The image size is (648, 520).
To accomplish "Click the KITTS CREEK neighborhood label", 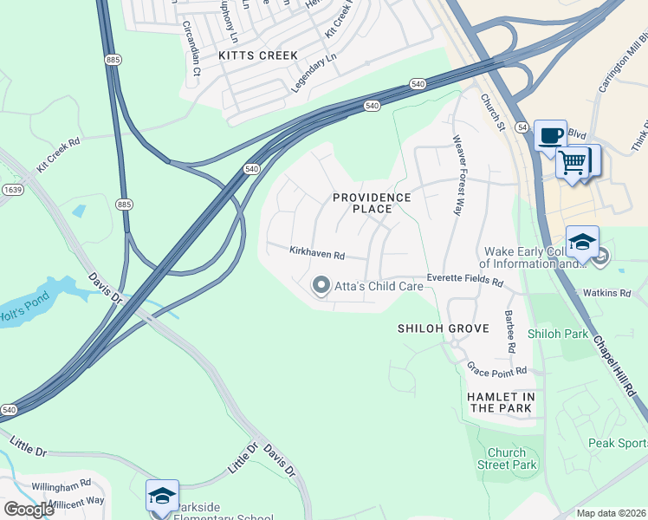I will pos(258,55).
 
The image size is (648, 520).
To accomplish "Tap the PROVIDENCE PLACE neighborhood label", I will pos(372,203).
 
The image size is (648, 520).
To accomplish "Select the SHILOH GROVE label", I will pos(443,328).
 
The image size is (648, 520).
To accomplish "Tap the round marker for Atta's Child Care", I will pos(321,285).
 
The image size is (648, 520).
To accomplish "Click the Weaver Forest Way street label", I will pos(457,174).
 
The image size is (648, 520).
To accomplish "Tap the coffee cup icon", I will pos(550,135).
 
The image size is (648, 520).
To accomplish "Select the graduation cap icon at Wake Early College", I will pos(582,241).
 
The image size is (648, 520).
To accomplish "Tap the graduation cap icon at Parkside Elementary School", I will pos(162,495).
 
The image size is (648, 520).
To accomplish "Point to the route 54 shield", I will pos(522,127).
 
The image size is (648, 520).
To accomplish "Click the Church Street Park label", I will pos(507,458).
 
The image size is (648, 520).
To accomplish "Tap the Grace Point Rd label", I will pos(497,371).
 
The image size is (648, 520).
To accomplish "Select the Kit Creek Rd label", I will pos(58,154).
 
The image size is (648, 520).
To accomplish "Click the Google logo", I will pos(29,510).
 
